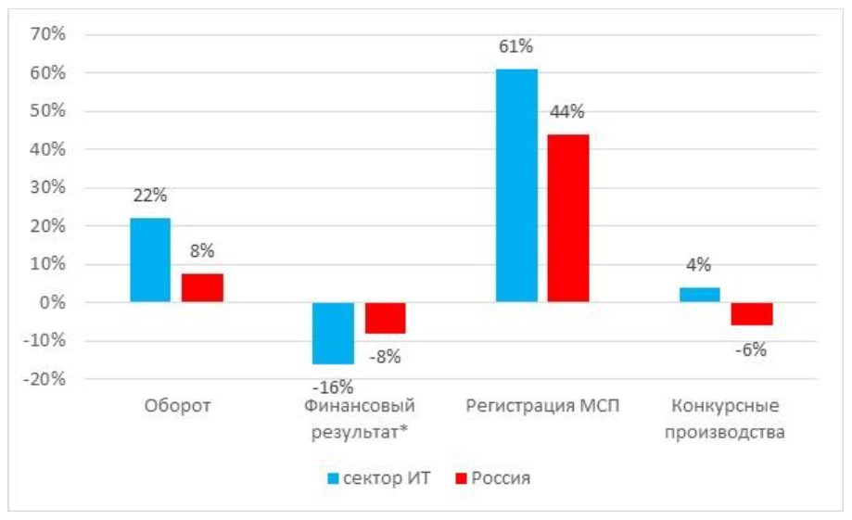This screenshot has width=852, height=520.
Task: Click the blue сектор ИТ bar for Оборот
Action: pyautogui.click(x=150, y=260)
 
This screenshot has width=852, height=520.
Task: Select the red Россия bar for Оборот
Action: pyautogui.click(x=202, y=287)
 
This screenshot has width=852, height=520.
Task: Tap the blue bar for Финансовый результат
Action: pyautogui.click(x=333, y=333)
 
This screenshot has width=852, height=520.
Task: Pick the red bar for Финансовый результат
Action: pyautogui.click(x=385, y=318)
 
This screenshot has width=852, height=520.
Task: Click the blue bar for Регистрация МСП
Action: pyautogui.click(x=516, y=185)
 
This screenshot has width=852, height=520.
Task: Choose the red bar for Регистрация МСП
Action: pyautogui.click(x=568, y=218)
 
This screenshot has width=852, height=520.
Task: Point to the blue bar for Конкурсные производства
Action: pyautogui.click(x=699, y=295)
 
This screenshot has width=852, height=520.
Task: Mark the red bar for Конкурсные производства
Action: pyautogui.click(x=752, y=313)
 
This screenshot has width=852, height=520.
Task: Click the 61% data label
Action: pyautogui.click(x=516, y=47)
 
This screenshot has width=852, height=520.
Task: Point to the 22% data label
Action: pyautogui.click(x=149, y=197)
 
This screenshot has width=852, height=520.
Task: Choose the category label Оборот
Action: pyautogui.click(x=177, y=406)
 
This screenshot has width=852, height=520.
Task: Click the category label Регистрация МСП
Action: pyautogui.click(x=541, y=406)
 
